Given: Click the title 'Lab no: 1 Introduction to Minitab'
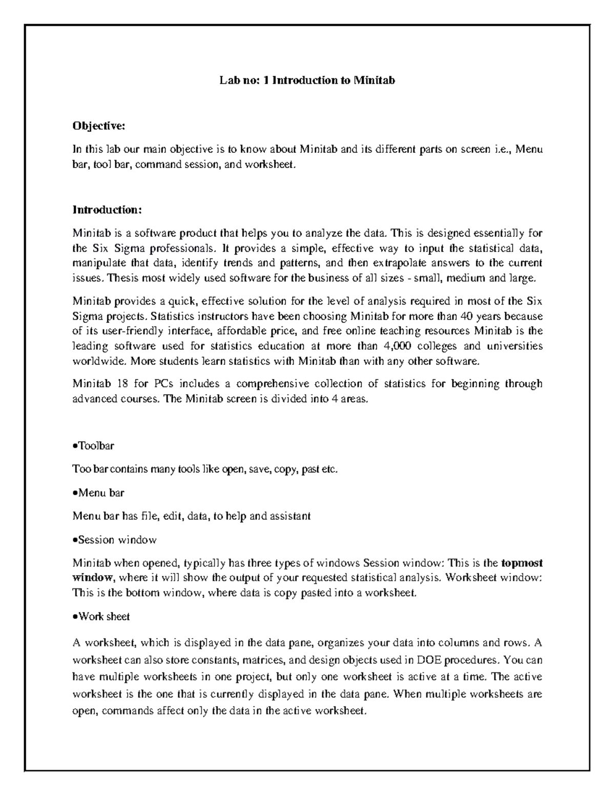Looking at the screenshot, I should pos(307,80).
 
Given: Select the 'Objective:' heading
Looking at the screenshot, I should pos(98,126).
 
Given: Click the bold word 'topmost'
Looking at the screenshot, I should pos(521,563).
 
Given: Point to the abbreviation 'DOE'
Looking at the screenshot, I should pos(427,660).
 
